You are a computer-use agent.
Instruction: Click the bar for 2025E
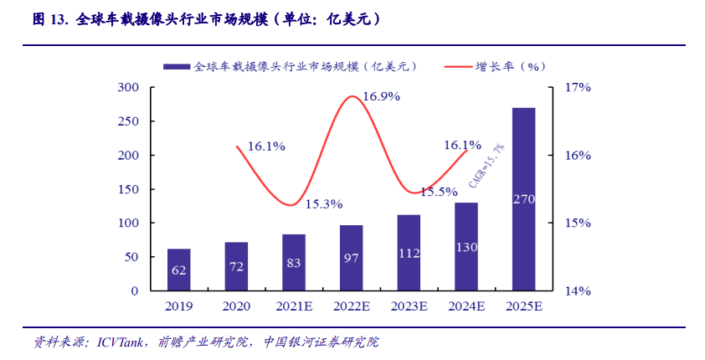click(x=523, y=199)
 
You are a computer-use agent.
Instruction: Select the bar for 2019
click(x=178, y=270)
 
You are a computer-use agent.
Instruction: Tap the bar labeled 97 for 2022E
click(x=352, y=258)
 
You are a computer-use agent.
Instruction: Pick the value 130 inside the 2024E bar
click(x=466, y=248)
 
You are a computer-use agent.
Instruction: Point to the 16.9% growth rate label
click(x=381, y=96)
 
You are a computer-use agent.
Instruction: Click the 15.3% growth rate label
click(x=323, y=203)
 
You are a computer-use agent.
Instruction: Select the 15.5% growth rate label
click(x=439, y=192)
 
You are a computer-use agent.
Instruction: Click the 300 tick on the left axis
click(x=128, y=87)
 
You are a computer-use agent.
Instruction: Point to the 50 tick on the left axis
click(x=131, y=257)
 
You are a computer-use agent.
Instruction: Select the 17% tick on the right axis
click(x=579, y=87)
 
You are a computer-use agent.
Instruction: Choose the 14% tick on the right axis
click(x=579, y=291)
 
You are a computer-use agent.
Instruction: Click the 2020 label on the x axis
click(x=236, y=307)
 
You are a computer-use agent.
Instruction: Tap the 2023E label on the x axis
click(x=409, y=307)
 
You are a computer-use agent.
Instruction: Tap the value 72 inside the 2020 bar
click(x=236, y=265)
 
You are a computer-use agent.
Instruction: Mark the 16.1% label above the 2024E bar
click(x=462, y=145)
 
